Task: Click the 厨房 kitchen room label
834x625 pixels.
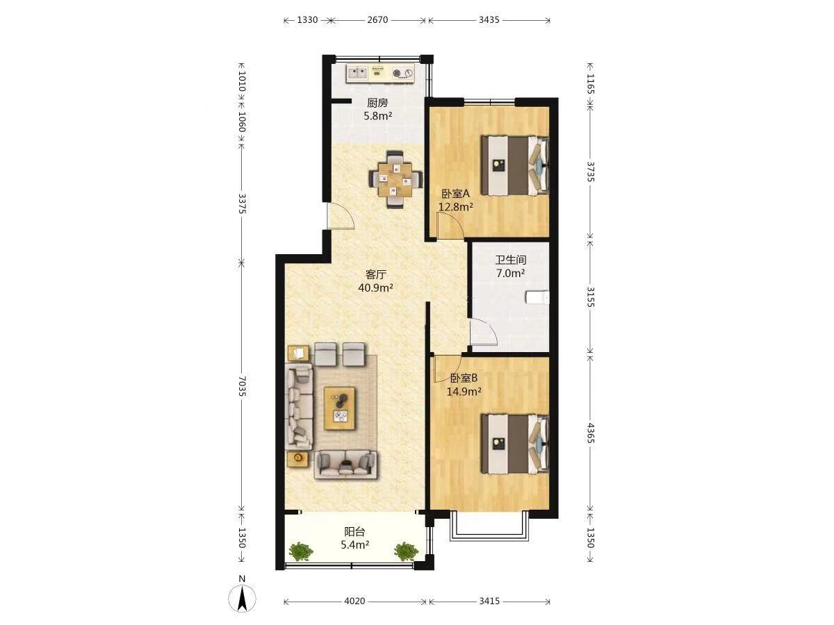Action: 377,103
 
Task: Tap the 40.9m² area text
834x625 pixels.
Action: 375,287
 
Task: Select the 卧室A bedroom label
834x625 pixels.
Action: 455,194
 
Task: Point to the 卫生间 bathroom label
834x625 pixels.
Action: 511,260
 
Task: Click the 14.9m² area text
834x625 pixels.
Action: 464,391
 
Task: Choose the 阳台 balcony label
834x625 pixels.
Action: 354,532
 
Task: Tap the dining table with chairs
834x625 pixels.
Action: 395,179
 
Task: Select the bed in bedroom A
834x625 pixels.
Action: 515,165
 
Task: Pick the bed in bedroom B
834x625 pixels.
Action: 515,443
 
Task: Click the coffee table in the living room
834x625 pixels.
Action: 339,408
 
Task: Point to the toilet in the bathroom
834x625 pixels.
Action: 537,297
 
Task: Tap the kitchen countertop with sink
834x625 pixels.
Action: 380,73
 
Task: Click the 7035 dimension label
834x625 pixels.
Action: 242,386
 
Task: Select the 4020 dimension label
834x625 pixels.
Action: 354,601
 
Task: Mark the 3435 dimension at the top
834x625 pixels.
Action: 489,19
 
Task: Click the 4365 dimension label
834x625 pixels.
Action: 590,433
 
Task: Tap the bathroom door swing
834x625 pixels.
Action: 484,332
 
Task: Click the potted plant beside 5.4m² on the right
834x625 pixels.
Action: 405,551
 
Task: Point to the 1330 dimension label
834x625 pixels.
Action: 307,19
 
